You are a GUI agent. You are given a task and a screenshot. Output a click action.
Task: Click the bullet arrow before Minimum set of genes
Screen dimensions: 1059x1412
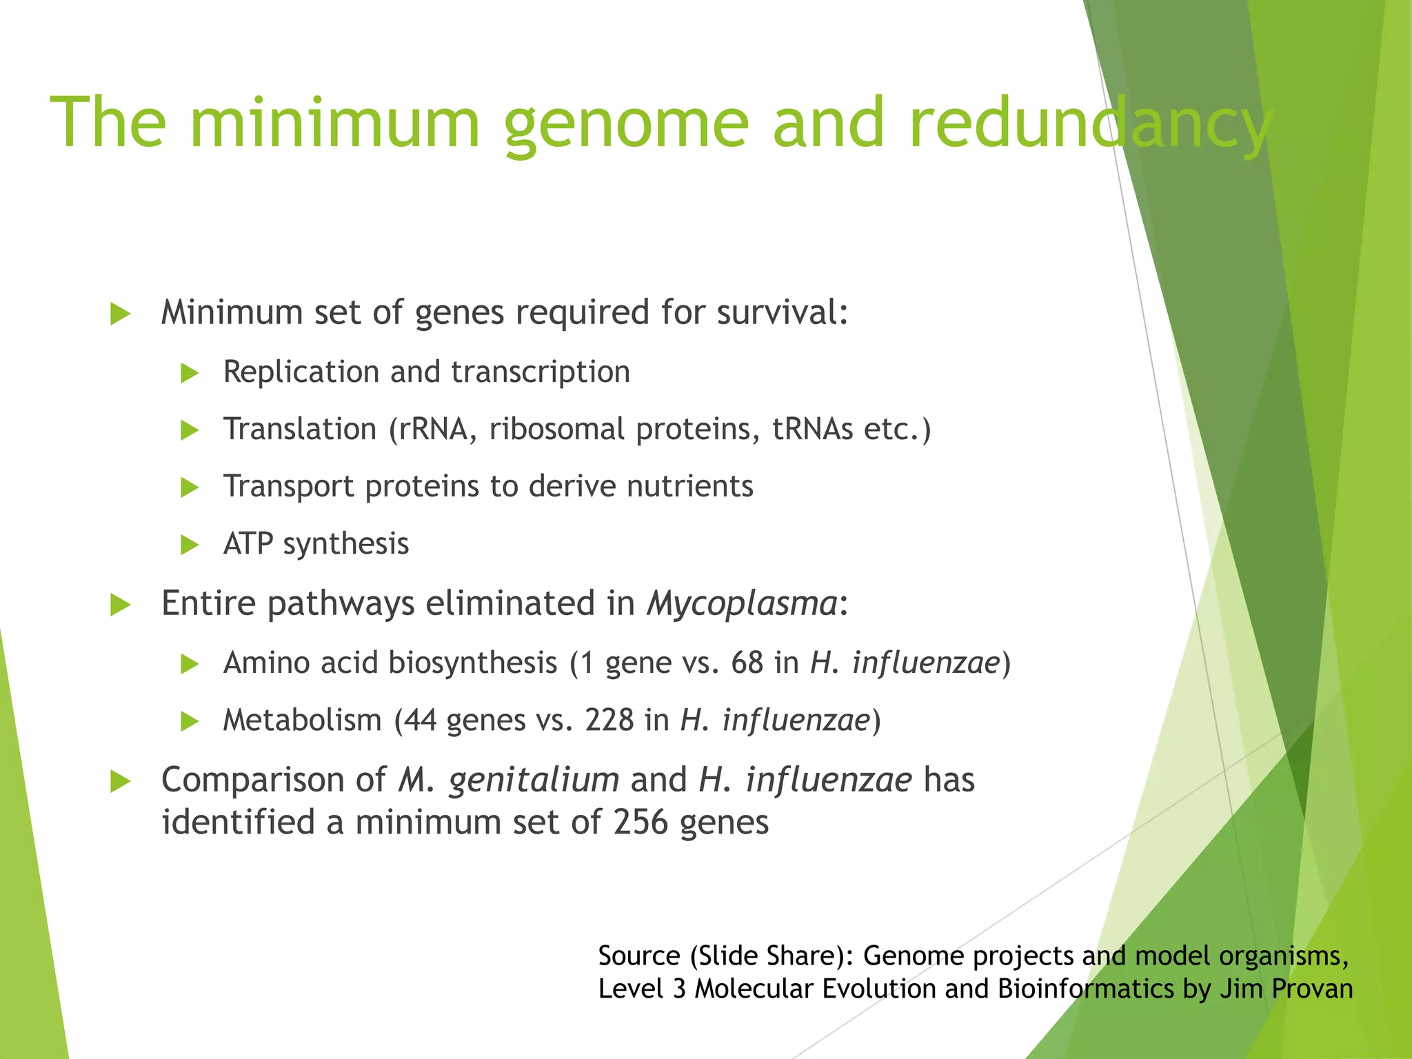(121, 314)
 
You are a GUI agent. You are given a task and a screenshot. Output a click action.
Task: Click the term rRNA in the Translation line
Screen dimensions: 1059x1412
(435, 430)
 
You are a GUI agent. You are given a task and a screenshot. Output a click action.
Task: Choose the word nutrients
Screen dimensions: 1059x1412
(689, 487)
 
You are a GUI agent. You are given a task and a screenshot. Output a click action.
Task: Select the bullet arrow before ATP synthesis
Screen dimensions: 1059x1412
(190, 545)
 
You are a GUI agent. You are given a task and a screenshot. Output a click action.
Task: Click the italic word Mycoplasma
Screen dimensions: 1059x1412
(742, 604)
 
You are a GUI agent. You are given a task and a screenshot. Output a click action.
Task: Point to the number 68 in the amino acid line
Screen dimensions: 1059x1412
(747, 663)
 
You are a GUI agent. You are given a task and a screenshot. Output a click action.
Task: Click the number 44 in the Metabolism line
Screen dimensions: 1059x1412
(420, 720)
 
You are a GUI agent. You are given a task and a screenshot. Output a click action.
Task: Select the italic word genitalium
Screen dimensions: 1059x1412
(534, 781)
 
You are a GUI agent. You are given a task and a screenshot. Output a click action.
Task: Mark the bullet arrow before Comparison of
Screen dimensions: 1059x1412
(121, 782)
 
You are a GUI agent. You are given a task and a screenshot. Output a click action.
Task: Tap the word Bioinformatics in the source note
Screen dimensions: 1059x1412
(1085, 989)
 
